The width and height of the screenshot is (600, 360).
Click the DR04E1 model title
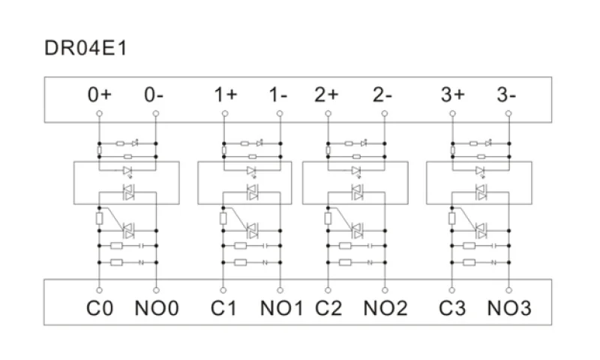85,48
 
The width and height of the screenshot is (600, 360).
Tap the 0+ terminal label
100,94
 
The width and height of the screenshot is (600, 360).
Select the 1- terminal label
278,94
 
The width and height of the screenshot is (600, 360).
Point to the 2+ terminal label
326,94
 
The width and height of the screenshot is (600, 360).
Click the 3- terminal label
506,94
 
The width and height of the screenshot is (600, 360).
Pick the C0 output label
100,308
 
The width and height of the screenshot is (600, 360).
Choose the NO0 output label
157,308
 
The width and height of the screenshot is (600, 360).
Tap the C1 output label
223,308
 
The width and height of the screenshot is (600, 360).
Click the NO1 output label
282,308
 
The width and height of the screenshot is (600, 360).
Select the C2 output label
328,308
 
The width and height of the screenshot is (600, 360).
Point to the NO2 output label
385,308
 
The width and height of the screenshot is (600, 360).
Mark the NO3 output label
509,308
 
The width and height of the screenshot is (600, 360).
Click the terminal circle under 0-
156,113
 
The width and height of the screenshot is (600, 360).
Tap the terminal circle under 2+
328,113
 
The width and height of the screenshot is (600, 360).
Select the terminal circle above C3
452,290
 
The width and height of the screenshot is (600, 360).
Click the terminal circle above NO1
280,290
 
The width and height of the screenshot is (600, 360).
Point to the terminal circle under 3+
453,113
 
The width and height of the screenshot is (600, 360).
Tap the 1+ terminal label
226,94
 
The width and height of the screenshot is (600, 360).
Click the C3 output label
452,308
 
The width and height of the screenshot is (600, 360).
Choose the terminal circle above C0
99,290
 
